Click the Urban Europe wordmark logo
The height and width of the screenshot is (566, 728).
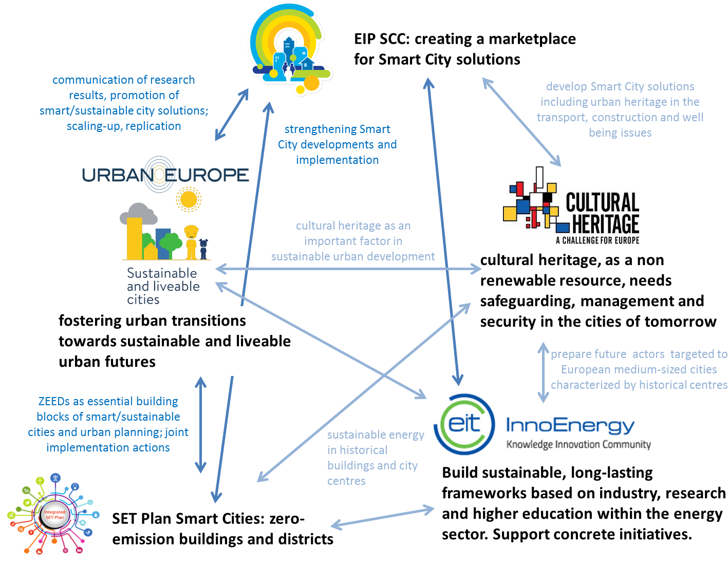click(x=165, y=175)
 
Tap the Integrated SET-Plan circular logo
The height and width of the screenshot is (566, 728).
click(x=54, y=515)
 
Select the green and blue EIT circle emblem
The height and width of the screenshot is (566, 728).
click(x=464, y=424)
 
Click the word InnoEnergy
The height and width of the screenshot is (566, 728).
click(x=570, y=425)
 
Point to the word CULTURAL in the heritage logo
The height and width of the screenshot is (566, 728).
click(x=602, y=202)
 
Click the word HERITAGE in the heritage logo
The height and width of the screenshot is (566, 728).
click(x=605, y=224)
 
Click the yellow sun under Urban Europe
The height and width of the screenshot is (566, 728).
click(x=189, y=199)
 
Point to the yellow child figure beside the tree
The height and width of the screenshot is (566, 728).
click(x=191, y=241)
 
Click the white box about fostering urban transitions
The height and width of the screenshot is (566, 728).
click(x=178, y=341)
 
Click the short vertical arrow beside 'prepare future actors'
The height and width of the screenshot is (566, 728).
click(x=543, y=372)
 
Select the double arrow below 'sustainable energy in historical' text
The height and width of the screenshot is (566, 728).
click(x=382, y=517)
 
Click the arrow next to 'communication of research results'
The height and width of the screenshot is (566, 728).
click(x=232, y=114)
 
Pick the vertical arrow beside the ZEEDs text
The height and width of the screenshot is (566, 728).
click(x=200, y=425)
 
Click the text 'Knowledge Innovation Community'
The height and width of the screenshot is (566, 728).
click(x=578, y=444)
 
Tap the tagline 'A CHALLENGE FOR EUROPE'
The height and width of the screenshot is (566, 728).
click(x=597, y=240)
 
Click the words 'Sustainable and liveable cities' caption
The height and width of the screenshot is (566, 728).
click(x=163, y=286)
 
